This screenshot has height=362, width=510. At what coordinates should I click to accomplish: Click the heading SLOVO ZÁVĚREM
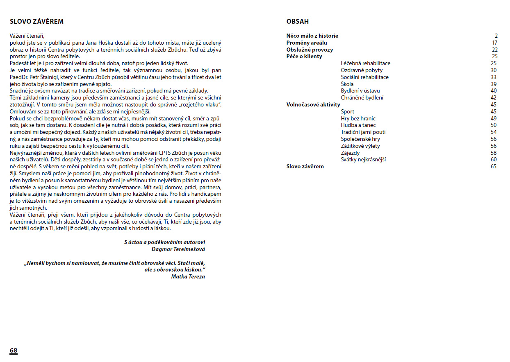37,21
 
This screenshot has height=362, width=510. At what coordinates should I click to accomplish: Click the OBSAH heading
298,21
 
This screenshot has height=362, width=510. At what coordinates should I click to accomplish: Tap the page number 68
14,351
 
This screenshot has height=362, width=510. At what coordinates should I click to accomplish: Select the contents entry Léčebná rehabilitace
365,63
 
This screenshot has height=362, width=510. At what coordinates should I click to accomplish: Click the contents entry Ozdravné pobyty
362,70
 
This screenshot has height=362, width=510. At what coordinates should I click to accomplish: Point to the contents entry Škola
347,84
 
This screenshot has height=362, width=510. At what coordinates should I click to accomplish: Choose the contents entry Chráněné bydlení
362,98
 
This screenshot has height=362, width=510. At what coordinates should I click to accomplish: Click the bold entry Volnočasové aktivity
313,104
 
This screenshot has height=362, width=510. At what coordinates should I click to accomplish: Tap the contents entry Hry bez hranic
358,118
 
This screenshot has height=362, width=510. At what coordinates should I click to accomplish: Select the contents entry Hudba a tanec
358,125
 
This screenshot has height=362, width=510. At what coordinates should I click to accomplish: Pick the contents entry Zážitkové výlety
360,146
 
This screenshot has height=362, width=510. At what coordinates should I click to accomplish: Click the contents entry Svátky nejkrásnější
363,160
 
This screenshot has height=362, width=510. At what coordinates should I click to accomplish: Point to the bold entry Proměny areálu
307,43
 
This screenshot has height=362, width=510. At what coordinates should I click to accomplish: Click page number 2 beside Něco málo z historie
496,36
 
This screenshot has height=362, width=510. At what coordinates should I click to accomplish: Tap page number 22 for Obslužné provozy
494,50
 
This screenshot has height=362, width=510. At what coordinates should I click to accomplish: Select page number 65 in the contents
493,166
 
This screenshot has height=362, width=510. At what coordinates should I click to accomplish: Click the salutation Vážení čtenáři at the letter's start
27,36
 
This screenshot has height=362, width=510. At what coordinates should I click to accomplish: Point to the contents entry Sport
347,111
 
